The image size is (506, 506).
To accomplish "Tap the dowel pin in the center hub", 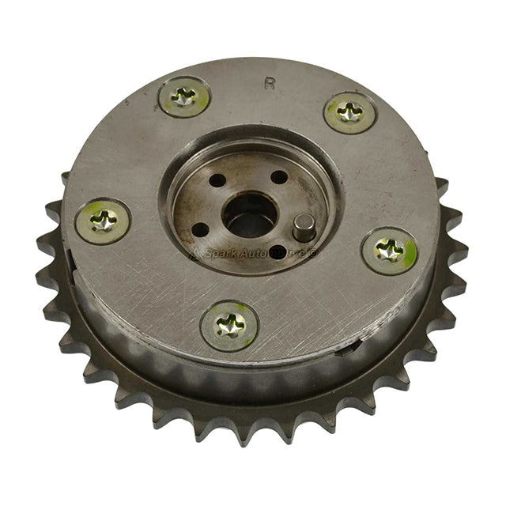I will pyautogui.click(x=301, y=229).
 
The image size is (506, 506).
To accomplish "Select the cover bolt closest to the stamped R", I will pyautogui.click(x=349, y=112).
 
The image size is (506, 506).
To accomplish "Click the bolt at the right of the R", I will pyautogui.click(x=349, y=112).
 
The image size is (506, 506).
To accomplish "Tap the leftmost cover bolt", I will pyautogui.click(x=103, y=221).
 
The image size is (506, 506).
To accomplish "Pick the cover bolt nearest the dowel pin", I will pyautogui.click(x=388, y=251).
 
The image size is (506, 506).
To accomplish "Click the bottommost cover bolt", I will pyautogui.click(x=228, y=324).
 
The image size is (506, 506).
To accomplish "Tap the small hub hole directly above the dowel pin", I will pyautogui.click(x=278, y=178).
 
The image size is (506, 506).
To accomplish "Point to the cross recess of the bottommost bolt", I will pyautogui.click(x=228, y=324).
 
